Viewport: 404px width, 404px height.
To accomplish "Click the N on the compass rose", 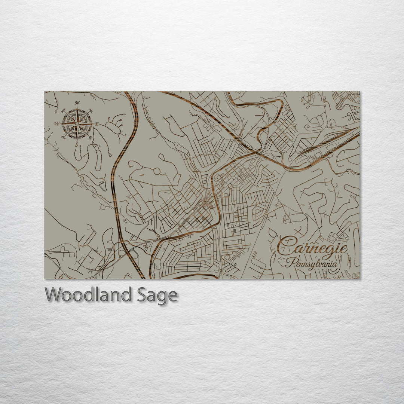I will tap(77, 103).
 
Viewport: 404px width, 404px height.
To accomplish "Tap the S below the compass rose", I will tap(77, 144).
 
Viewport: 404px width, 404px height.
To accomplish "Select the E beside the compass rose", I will tap(97, 124).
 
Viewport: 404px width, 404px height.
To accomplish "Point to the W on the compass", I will tap(57, 124).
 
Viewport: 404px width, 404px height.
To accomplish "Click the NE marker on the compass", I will tap(90, 111).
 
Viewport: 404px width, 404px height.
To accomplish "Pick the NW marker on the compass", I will tap(63, 110).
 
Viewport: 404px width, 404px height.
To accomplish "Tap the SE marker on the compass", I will tap(91, 137).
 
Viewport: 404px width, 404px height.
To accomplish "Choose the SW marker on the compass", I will tap(63, 137).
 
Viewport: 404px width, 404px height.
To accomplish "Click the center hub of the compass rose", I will tap(77, 123).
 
